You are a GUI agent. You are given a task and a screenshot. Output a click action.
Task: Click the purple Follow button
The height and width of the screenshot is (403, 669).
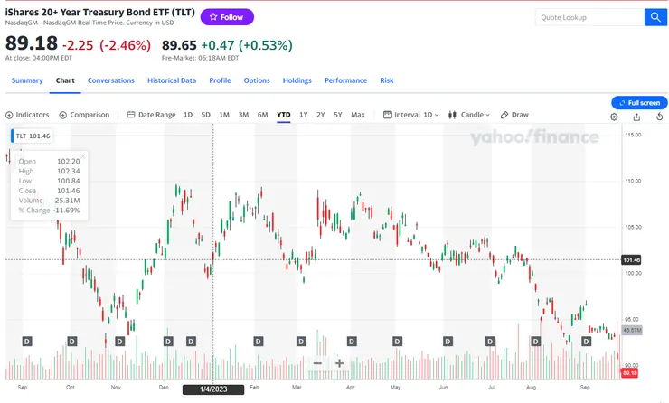(x=226, y=17)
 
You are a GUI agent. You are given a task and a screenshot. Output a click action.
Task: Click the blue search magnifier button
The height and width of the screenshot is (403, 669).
(x=655, y=17)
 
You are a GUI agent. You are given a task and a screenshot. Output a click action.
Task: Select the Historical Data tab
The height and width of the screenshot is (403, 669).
(x=172, y=80)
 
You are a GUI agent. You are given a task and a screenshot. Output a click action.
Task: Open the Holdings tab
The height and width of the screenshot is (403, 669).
(x=297, y=80)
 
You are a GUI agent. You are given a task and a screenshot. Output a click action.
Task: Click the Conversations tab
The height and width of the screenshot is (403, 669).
(x=111, y=80)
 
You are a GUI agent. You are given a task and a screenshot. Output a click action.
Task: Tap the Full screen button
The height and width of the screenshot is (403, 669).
(x=640, y=103)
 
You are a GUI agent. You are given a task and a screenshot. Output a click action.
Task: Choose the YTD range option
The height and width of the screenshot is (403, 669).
(x=284, y=115)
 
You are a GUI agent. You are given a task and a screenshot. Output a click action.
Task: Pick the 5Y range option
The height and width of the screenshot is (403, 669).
(x=338, y=115)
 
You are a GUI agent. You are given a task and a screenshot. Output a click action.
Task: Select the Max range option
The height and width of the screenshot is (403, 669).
(x=358, y=115)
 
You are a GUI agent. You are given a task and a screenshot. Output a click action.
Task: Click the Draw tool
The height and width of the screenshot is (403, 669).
(x=515, y=115)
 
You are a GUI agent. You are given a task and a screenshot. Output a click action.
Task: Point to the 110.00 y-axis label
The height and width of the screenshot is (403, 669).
(x=633, y=181)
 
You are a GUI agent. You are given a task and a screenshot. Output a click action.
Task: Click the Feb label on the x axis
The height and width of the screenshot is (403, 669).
(x=255, y=386)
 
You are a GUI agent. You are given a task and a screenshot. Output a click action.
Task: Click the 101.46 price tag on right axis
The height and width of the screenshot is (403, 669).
(x=632, y=260)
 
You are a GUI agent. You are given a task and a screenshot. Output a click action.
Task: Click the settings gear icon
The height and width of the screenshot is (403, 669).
(x=614, y=117)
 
